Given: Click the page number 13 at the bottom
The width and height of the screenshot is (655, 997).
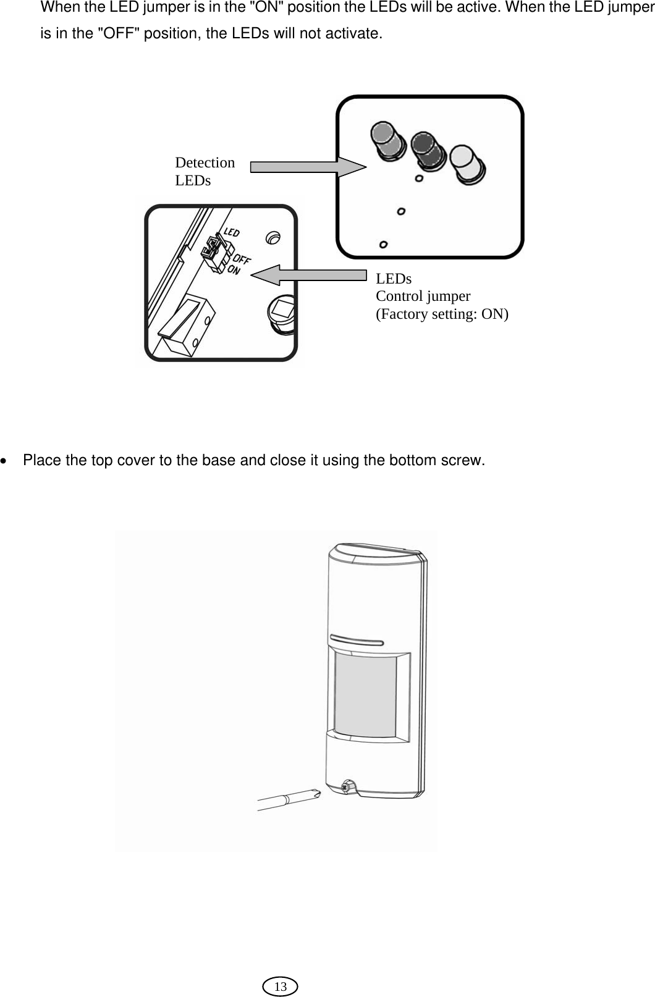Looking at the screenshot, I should tap(280, 986).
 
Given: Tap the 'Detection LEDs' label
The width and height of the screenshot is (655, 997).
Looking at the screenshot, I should tap(205, 171).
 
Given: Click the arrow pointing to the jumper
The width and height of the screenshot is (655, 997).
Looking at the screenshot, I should tap(309, 275).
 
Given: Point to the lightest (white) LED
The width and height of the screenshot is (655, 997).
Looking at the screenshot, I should tap(468, 164).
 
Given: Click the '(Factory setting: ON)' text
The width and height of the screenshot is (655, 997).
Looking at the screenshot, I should tap(442, 314).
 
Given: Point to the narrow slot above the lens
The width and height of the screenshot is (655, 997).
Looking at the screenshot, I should tap(357, 641).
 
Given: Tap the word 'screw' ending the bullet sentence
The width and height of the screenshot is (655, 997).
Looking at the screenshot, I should tap(463, 461).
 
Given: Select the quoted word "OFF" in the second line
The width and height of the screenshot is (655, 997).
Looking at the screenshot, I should tap(119, 33).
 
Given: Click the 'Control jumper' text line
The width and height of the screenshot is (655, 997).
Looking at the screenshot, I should tap(423, 296).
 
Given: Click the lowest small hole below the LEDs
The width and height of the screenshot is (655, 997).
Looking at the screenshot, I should tap(384, 245).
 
